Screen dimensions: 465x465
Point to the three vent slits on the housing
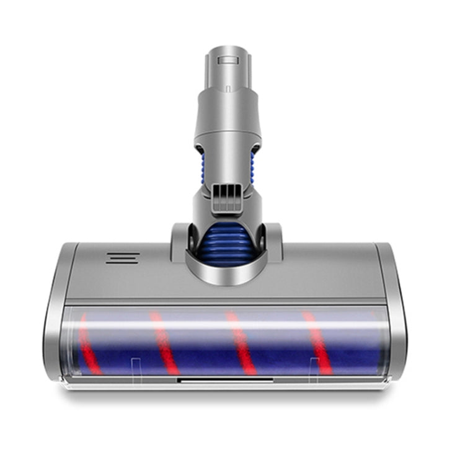pyautogui.click(x=122, y=257)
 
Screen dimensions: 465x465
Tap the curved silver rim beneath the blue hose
pyautogui.click(x=226, y=273)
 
